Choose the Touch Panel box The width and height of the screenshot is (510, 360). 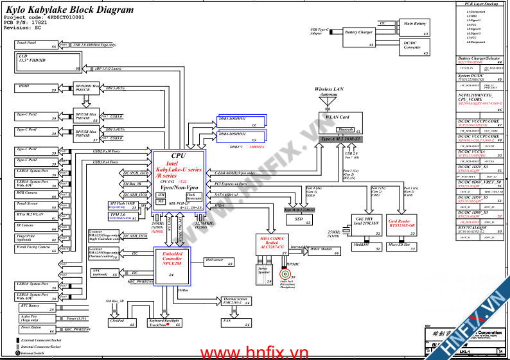(x=37, y=45)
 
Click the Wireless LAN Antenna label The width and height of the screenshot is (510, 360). (x=328, y=92)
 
